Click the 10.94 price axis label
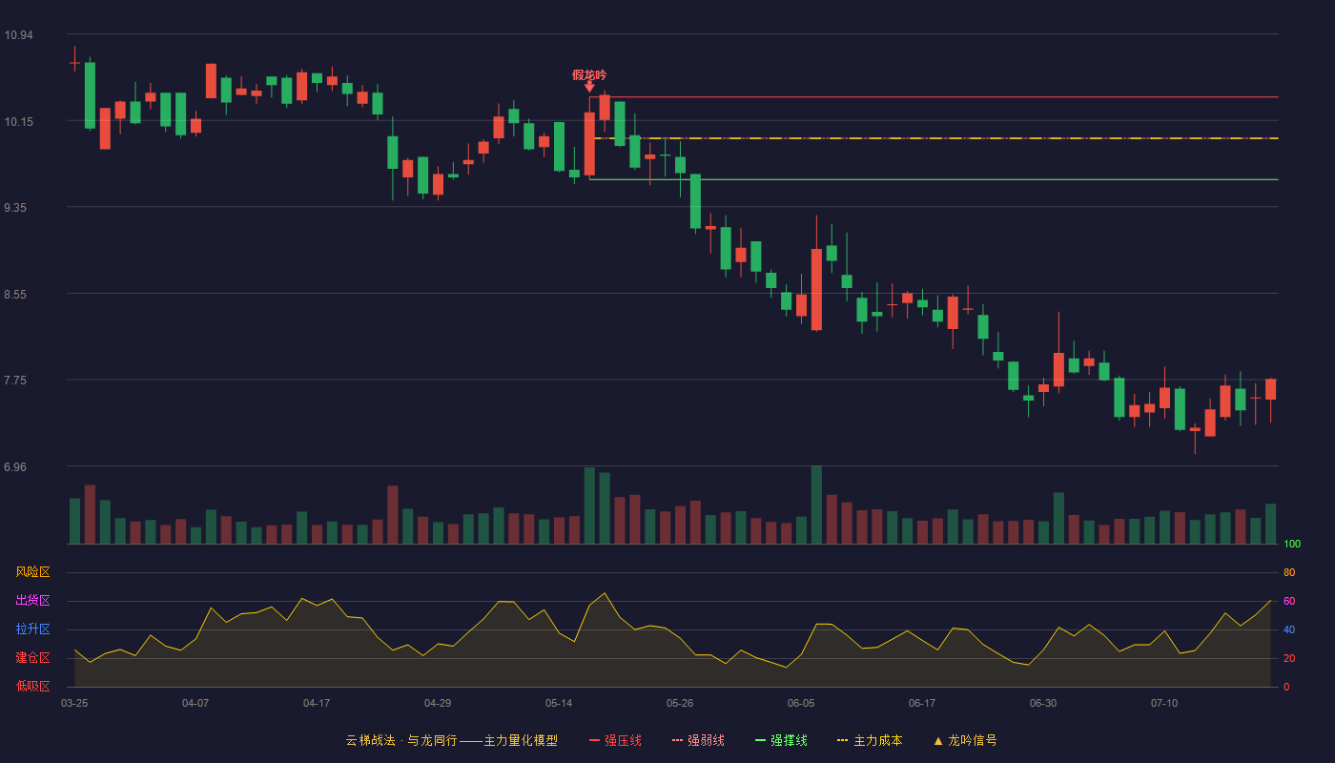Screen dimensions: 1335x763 (18, 35)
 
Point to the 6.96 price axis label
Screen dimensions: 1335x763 (15, 466)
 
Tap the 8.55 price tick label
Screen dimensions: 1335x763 (15, 295)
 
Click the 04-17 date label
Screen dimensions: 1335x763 (317, 704)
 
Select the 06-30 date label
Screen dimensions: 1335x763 (1043, 704)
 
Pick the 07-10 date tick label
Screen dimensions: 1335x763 (1164, 704)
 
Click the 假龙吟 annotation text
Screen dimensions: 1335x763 (589, 75)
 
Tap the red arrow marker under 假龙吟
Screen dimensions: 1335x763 (589, 87)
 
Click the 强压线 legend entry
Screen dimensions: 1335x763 (615, 740)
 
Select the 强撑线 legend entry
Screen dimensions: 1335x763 (781, 740)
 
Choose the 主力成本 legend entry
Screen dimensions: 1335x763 (870, 740)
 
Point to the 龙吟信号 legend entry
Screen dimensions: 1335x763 (965, 740)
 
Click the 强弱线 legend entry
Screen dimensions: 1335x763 (698, 740)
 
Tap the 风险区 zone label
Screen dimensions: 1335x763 (32, 572)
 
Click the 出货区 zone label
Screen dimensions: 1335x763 (32, 600)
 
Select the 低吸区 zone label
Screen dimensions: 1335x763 (32, 686)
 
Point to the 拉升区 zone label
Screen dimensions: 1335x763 (32, 629)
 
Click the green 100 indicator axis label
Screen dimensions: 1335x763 (1292, 544)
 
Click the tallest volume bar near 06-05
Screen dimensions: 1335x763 (816, 505)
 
